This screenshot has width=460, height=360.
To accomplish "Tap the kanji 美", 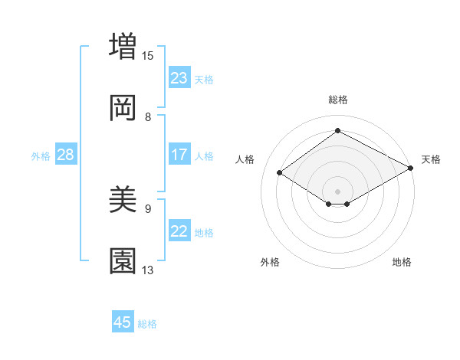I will tap(123, 200).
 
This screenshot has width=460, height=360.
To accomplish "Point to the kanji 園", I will tap(123, 261).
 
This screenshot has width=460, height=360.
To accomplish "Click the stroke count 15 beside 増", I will tap(148, 55).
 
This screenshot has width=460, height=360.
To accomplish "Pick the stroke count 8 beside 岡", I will tap(148, 117).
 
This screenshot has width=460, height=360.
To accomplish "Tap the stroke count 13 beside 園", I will tap(148, 270).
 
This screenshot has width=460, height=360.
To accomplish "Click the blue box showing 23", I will tap(179, 78).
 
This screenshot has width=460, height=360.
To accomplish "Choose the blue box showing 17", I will tap(179, 155).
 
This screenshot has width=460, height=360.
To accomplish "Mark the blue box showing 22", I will tap(179, 231).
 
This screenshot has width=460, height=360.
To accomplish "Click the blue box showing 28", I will tap(66, 155).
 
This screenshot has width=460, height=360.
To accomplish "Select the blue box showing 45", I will tap(123, 322).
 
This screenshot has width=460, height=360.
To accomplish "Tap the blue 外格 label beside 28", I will tap(41, 156).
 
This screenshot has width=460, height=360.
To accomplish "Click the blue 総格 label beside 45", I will tap(147, 324).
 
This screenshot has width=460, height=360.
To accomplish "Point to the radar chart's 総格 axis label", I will tap(338, 100).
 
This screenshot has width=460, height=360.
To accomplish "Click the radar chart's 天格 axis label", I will tap(431, 159).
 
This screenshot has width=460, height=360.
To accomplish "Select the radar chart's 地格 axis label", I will tap(402, 263).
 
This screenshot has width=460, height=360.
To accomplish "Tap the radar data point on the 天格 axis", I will tap(412, 169).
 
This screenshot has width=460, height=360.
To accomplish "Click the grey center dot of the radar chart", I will tap(338, 191).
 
